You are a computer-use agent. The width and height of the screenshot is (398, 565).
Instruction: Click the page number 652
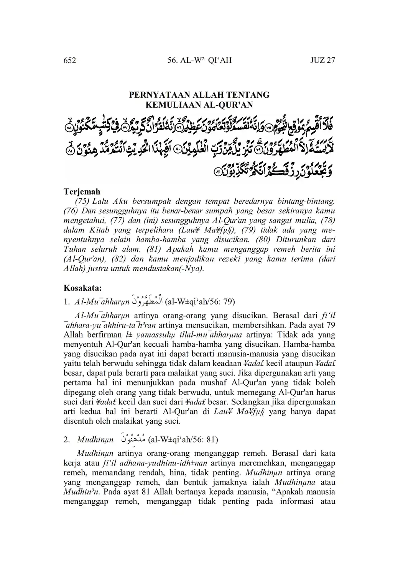[x=69, y=61]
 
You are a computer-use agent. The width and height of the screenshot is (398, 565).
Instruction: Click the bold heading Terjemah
[x=82, y=192]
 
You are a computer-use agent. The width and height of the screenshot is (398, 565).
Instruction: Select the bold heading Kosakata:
[x=82, y=287]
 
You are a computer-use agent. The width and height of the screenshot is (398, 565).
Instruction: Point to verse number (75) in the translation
[x=82, y=201]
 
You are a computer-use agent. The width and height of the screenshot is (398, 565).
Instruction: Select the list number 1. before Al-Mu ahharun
[x=67, y=302]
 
